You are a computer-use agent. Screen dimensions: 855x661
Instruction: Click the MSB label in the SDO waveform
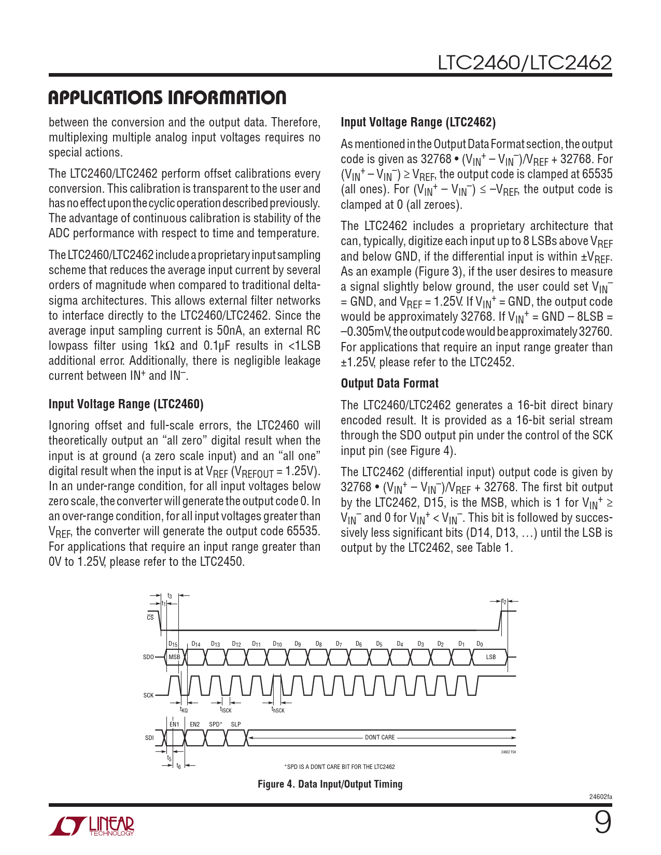coord(174,657)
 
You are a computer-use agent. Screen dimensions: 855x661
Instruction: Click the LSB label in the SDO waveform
coord(490,657)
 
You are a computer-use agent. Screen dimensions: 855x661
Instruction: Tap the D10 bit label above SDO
coord(277,644)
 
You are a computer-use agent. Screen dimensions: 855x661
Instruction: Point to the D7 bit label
coord(339,644)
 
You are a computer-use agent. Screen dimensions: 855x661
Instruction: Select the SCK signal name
coord(148,695)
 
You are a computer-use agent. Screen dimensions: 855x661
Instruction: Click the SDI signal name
coord(149,738)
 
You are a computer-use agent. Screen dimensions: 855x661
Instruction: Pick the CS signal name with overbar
coord(150,617)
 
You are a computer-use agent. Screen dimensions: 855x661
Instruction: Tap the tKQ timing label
coord(184,710)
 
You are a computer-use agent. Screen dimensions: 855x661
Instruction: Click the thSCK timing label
coord(278,710)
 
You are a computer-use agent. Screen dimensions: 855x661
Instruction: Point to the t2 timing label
coord(504,602)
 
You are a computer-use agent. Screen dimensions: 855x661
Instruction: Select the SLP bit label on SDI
coord(236,724)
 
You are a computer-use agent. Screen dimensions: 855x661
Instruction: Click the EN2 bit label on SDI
coord(194,724)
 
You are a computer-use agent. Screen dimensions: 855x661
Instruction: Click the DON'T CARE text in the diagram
coord(379,737)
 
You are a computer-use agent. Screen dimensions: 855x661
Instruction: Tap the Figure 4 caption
coord(330,784)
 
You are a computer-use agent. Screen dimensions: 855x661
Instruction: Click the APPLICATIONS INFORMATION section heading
coord(167,97)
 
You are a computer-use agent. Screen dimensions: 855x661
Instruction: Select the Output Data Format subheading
coord(389,383)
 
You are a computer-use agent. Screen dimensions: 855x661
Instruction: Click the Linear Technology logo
coord(92,825)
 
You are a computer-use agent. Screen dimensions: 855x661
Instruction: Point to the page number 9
coord(602,823)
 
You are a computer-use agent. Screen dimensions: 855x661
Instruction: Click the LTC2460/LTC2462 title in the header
coord(525,63)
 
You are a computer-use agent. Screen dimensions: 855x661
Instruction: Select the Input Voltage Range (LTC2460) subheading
coord(126,404)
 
